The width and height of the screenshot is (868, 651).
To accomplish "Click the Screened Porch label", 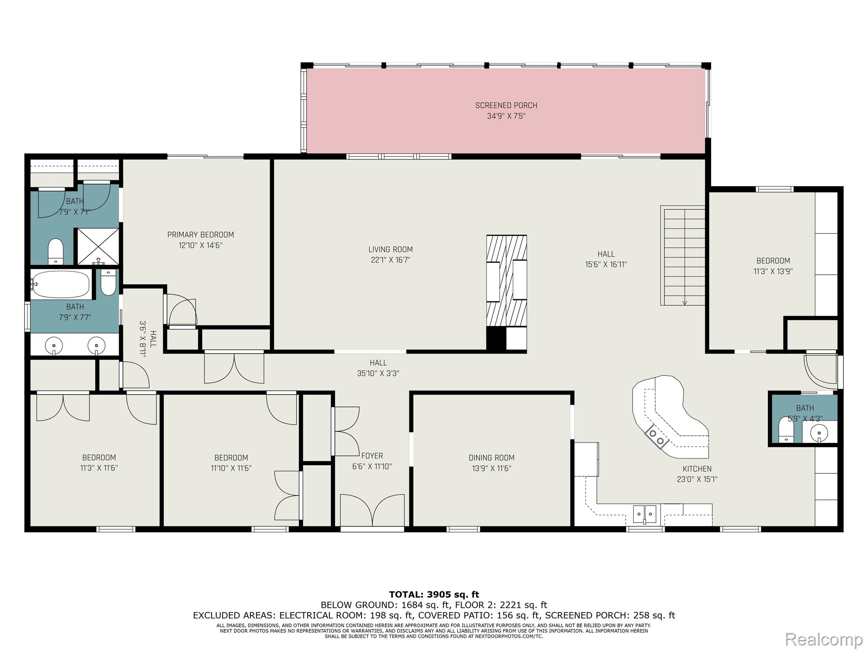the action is (506, 106).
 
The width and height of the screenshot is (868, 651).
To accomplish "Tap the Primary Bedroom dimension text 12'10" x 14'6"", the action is (200, 245).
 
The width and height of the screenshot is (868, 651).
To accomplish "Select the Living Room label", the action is (390, 250).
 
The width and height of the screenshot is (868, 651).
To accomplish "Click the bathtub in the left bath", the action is (61, 284).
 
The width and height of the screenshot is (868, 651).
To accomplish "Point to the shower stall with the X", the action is (97, 247).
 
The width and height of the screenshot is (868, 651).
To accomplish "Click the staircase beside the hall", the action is (682, 256).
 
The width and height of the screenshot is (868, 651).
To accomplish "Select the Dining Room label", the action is (492, 458).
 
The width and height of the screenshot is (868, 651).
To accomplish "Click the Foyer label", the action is (372, 456).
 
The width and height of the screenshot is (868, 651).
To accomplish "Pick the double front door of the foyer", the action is (373, 511).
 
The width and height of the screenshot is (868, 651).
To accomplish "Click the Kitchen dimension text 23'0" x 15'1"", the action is (697, 480).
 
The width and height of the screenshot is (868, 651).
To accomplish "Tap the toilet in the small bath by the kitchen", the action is (787, 430).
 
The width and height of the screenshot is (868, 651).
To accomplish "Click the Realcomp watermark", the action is (824, 639).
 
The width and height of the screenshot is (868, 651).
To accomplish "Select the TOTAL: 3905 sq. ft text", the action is (434, 595).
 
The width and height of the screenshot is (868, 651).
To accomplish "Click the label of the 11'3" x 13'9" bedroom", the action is (773, 261).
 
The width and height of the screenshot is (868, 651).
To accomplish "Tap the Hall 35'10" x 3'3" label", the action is (378, 368).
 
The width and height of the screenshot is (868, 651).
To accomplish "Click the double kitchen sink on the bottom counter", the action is (645, 514).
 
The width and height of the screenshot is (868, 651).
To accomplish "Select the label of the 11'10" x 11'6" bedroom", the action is (231, 458).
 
